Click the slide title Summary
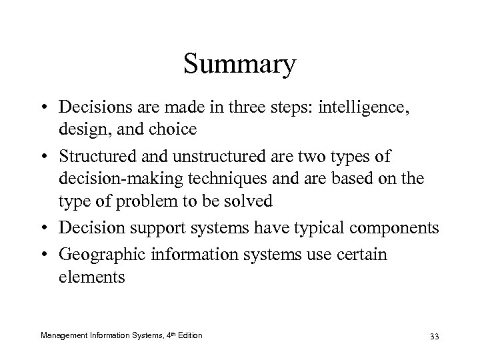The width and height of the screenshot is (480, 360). (x=239, y=65)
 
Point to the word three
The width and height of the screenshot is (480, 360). (x=267, y=107)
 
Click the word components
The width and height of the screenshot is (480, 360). (x=389, y=227)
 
